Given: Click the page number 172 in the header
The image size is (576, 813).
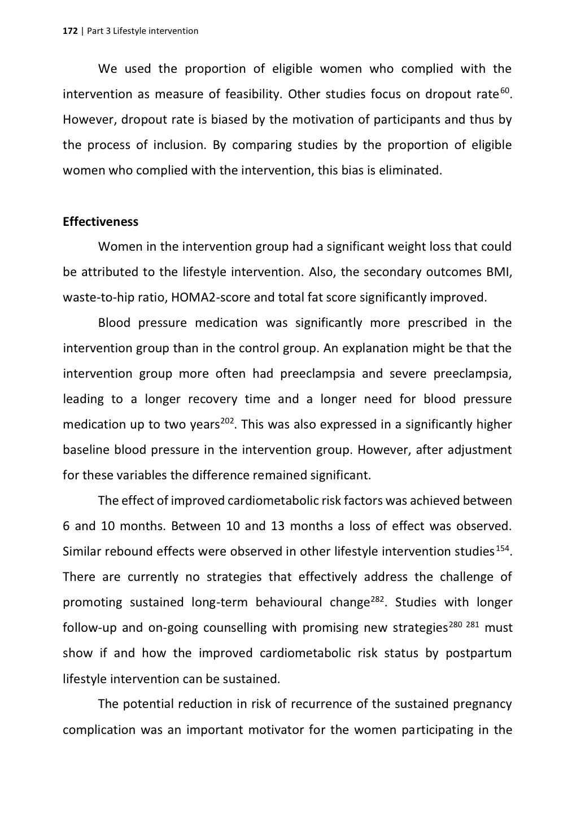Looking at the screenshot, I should click(x=69, y=31).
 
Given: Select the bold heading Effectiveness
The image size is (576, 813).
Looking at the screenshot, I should click(x=101, y=222).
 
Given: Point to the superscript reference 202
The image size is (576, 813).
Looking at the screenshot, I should click(x=227, y=421).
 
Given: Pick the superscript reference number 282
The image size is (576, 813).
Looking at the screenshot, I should click(x=378, y=598).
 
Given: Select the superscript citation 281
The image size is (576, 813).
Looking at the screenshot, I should click(x=473, y=624).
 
